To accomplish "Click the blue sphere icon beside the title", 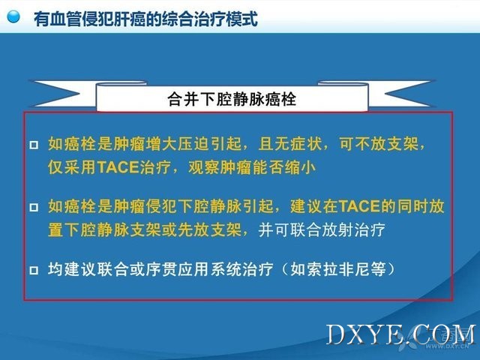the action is tap(13, 16).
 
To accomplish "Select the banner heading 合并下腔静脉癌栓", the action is tap(232, 99).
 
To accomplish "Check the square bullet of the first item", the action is tap(34, 145).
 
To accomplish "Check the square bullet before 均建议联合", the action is tap(34, 270).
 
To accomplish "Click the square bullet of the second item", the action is tap(34, 208).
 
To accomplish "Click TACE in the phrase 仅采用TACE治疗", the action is tap(118, 167).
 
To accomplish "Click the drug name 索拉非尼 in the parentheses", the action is tap(338, 270).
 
